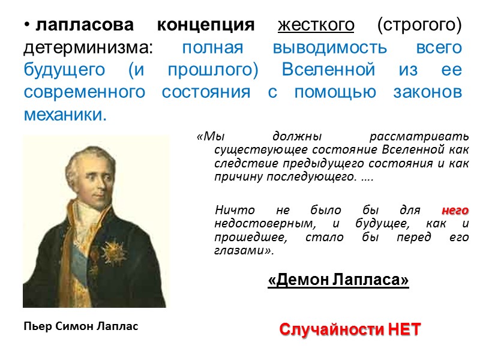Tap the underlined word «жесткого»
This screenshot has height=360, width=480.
coord(316,26)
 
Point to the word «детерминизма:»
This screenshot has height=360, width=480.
coord(88,48)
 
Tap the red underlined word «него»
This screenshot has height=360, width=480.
coord(455,211)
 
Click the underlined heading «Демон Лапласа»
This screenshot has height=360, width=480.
coord(338,280)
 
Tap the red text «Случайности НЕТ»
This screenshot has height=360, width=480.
coord(350,329)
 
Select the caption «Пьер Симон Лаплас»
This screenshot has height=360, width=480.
coord(81,327)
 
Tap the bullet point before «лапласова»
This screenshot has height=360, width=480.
coord(27,26)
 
